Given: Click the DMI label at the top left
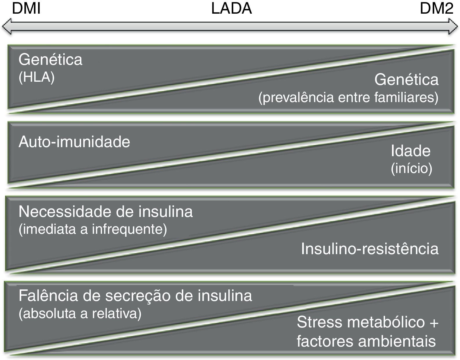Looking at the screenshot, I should [x=26, y=9].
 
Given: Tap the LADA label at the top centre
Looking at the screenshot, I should [x=231, y=9].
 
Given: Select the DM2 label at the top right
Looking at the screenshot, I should [x=436, y=9].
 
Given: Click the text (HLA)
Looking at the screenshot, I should [x=37, y=78].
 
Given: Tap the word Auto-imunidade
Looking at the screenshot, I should [x=74, y=142].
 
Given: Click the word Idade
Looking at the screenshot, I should [x=410, y=151].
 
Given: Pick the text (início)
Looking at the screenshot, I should [x=411, y=168].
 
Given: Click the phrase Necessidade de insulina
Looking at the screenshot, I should [x=105, y=212].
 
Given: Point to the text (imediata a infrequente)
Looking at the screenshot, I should [x=93, y=229].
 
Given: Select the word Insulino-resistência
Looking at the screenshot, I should [x=370, y=249].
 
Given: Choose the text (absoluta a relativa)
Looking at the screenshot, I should [x=80, y=313].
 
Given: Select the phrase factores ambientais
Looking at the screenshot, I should [x=366, y=341].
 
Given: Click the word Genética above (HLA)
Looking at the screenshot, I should [x=50, y=60].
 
